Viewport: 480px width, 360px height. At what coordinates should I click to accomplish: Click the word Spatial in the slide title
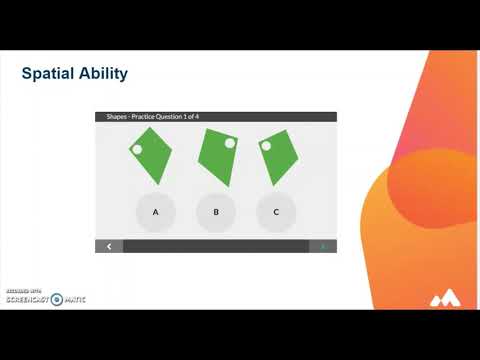(47, 74)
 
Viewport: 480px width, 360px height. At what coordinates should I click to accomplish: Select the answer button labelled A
(155, 212)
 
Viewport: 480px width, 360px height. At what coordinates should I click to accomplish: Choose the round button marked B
(215, 212)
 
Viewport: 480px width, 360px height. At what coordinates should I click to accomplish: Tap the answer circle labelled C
(275, 212)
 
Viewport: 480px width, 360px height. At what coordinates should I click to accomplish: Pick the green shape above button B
(217, 157)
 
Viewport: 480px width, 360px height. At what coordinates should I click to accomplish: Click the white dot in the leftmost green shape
(138, 150)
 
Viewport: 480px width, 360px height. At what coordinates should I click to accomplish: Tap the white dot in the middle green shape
(230, 144)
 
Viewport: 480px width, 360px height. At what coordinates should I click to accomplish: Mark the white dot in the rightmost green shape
(266, 146)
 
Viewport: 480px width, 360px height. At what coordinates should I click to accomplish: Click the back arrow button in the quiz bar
(109, 246)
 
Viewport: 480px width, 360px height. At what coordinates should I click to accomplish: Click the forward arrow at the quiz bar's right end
(322, 246)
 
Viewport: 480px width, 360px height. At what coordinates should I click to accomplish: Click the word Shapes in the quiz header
(119, 117)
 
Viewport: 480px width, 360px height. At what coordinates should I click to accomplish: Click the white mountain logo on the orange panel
(444, 298)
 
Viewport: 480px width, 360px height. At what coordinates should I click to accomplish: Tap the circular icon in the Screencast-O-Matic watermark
(57, 298)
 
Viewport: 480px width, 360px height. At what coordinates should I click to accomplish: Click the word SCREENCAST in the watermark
(25, 298)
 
